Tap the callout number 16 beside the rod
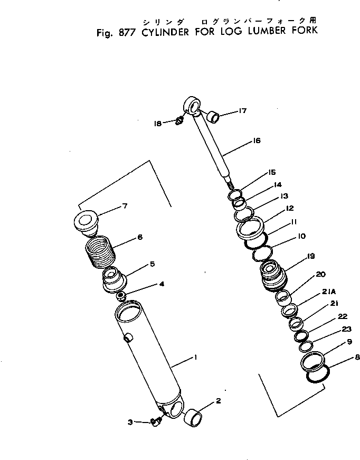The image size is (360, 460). (257, 141)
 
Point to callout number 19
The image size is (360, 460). (310, 257)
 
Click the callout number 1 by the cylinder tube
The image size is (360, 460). (195, 358)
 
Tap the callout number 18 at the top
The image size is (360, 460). (158, 123)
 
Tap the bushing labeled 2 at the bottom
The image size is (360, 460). (194, 416)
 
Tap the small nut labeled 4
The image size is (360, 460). (120, 296)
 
